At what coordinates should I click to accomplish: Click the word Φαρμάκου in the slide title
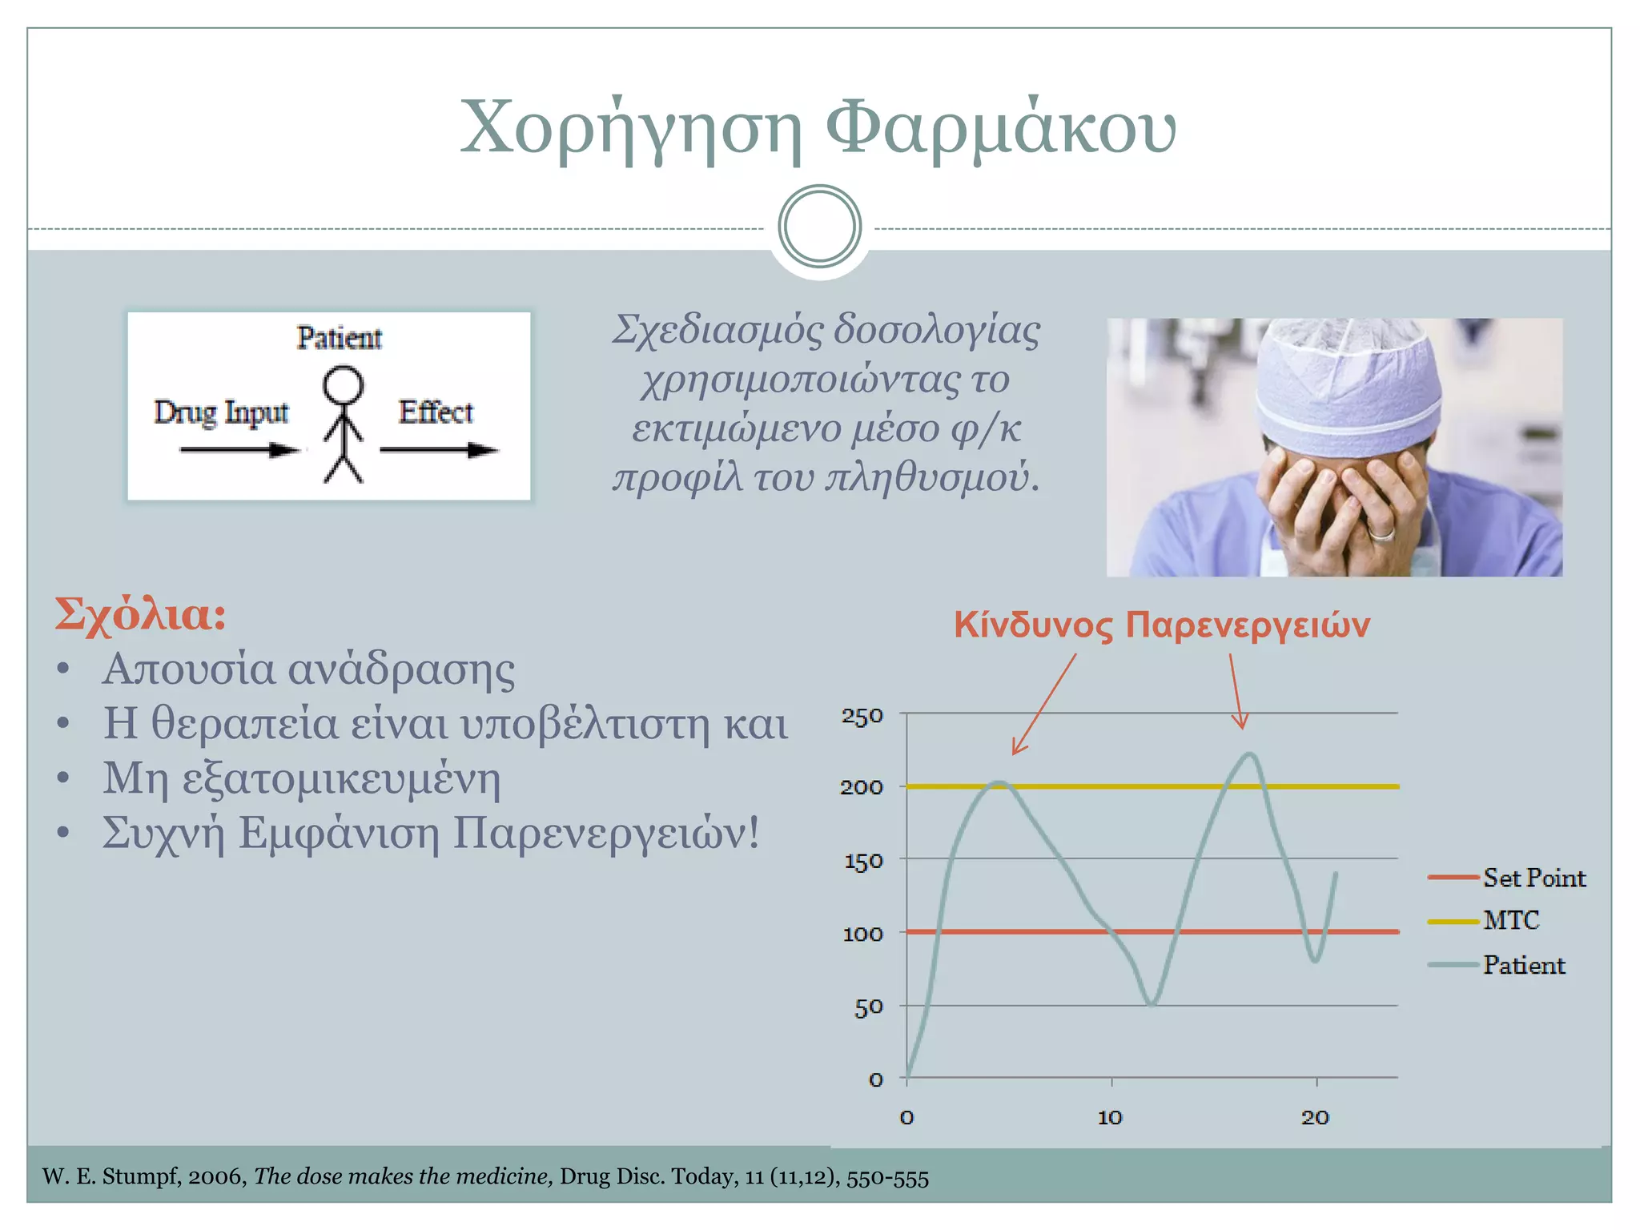[x=1000, y=128]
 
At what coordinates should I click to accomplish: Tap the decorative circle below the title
[x=819, y=227]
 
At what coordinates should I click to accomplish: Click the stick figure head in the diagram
[x=343, y=385]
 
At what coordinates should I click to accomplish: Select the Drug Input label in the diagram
[x=221, y=412]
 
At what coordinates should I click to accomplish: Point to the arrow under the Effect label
[x=439, y=450]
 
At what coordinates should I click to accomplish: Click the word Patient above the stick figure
[x=339, y=338]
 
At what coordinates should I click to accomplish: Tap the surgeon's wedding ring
[x=1381, y=532]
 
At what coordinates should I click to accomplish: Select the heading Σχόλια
[x=141, y=615]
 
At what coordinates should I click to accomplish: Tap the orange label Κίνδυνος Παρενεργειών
[x=1161, y=625]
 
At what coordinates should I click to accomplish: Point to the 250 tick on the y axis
[x=862, y=715]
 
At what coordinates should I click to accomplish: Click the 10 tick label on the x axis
[x=1110, y=1117]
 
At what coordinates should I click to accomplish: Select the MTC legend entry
[x=1510, y=921]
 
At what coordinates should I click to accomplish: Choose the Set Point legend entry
[x=1533, y=878]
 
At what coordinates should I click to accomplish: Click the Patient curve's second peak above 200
[x=1249, y=754]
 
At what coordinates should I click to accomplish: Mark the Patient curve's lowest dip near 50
[x=1152, y=1003]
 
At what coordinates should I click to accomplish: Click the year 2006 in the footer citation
[x=217, y=1177]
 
